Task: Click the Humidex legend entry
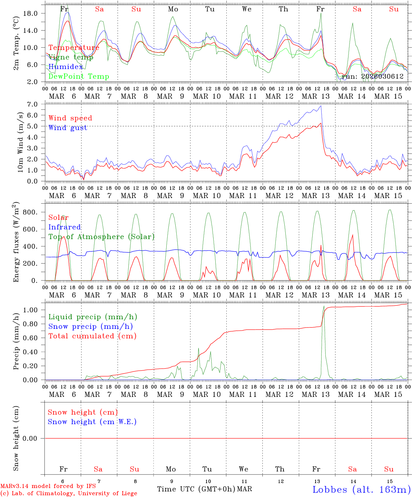[66, 67]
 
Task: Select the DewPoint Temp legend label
[79, 77]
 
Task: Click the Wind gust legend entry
[68, 128]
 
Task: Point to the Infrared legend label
[65, 227]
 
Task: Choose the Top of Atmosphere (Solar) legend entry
[101, 237]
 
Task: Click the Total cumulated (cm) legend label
[92, 336]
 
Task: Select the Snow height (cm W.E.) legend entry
[92, 422]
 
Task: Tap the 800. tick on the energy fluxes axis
[29, 212]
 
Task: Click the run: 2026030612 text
[372, 77]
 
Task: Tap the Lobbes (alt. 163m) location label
[361, 489]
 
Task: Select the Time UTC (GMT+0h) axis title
[196, 489]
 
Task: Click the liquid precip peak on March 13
[324, 306]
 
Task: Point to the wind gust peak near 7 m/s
[321, 106]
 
